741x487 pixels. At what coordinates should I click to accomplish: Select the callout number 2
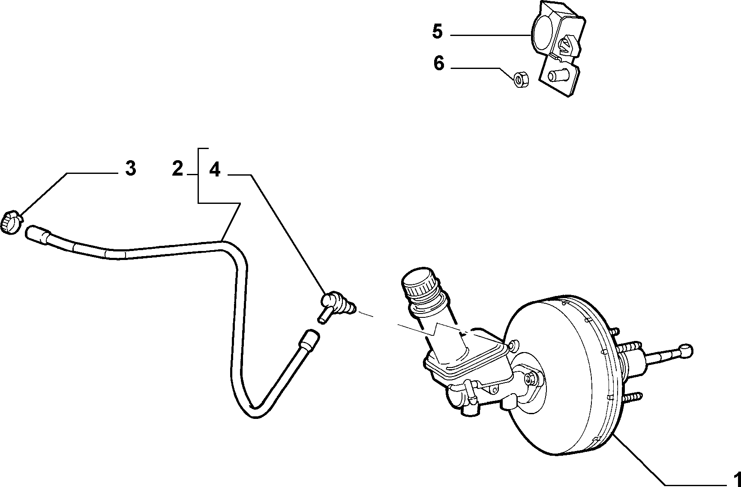click(x=177, y=169)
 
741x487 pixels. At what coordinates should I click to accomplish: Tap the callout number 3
click(x=131, y=168)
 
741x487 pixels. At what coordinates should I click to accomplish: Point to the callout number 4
click(x=215, y=170)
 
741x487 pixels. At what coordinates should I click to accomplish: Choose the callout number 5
click(x=437, y=31)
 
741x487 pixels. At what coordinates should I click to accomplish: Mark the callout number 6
click(x=439, y=63)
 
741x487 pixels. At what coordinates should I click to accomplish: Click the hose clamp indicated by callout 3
click(x=12, y=222)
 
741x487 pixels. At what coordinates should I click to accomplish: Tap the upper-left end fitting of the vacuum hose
click(x=39, y=235)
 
